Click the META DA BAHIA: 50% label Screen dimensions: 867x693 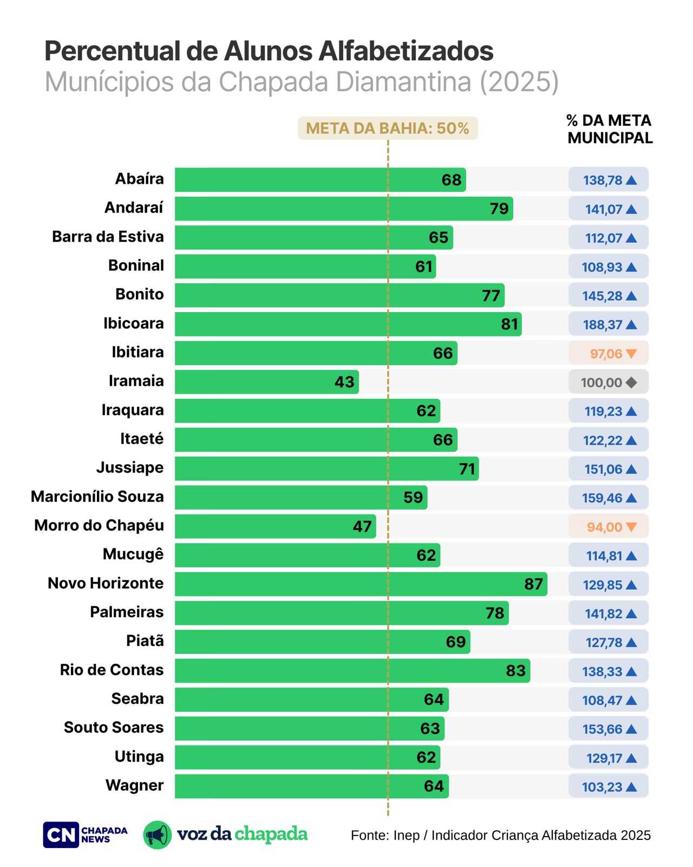pyautogui.click(x=388, y=128)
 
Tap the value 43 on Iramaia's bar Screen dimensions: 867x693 pyautogui.click(x=344, y=382)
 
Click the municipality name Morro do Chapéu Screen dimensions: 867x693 pyautogui.click(x=99, y=526)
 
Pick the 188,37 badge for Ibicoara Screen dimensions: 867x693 pyautogui.click(x=608, y=325)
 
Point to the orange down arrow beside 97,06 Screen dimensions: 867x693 pyautogui.click(x=631, y=354)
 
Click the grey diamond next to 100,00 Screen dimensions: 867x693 pyautogui.click(x=631, y=383)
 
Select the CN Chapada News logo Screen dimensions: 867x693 pyautogui.click(x=85, y=835)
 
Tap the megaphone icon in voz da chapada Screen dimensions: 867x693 pyautogui.click(x=157, y=835)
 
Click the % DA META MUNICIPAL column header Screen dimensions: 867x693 pyautogui.click(x=610, y=130)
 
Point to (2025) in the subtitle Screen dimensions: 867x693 pyautogui.click(x=519, y=82)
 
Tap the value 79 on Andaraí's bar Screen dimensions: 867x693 pyautogui.click(x=499, y=209)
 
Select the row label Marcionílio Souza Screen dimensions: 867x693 pyautogui.click(x=97, y=497)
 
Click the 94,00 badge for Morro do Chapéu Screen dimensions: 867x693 pyautogui.click(x=608, y=527)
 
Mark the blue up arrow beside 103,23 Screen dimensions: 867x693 pyautogui.click(x=631, y=787)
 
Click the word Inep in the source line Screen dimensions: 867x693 pyautogui.click(x=406, y=836)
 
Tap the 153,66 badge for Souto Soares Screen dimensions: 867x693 pyautogui.click(x=608, y=729)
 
